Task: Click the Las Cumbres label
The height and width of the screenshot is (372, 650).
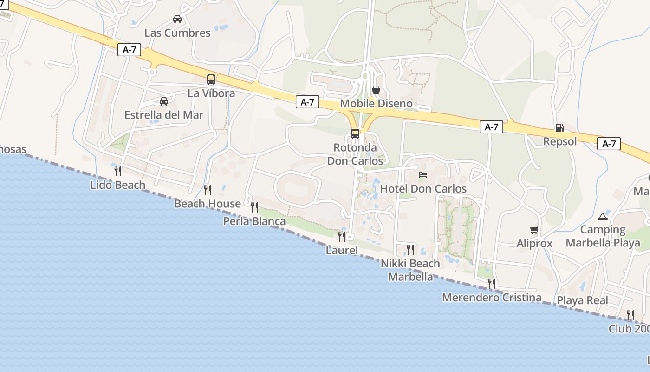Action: tap(177, 33)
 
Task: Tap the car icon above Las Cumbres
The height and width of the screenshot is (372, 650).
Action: tap(177, 19)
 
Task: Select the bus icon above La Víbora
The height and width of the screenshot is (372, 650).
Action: tap(211, 80)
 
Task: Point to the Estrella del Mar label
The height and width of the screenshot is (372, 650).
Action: tap(164, 115)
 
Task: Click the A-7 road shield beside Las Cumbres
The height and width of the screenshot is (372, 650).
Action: tap(129, 50)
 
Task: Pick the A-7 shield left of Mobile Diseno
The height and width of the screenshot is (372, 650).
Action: tap(307, 102)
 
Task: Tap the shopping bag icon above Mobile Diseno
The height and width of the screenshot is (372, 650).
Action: tap(376, 89)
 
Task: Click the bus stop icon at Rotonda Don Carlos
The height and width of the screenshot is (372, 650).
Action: tap(355, 134)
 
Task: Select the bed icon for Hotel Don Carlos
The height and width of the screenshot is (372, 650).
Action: tap(423, 175)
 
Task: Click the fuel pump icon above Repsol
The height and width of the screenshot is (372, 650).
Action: tap(559, 128)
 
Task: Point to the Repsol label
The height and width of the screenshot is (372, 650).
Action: tap(560, 141)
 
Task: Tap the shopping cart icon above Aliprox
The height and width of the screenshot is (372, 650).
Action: tap(534, 230)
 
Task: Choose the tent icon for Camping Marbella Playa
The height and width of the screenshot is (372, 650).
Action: tap(603, 216)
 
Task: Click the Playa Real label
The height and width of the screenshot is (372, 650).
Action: tap(582, 300)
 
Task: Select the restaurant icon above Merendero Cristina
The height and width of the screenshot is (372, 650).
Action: tap(492, 283)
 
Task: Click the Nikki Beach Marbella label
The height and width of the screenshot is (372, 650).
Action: tap(410, 270)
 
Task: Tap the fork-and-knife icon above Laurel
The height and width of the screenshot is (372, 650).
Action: tap(342, 237)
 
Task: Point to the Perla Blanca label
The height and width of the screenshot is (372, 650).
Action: tap(254, 221)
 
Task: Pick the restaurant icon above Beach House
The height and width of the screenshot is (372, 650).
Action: tap(208, 190)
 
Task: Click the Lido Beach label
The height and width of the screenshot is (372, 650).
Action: tap(118, 185)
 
